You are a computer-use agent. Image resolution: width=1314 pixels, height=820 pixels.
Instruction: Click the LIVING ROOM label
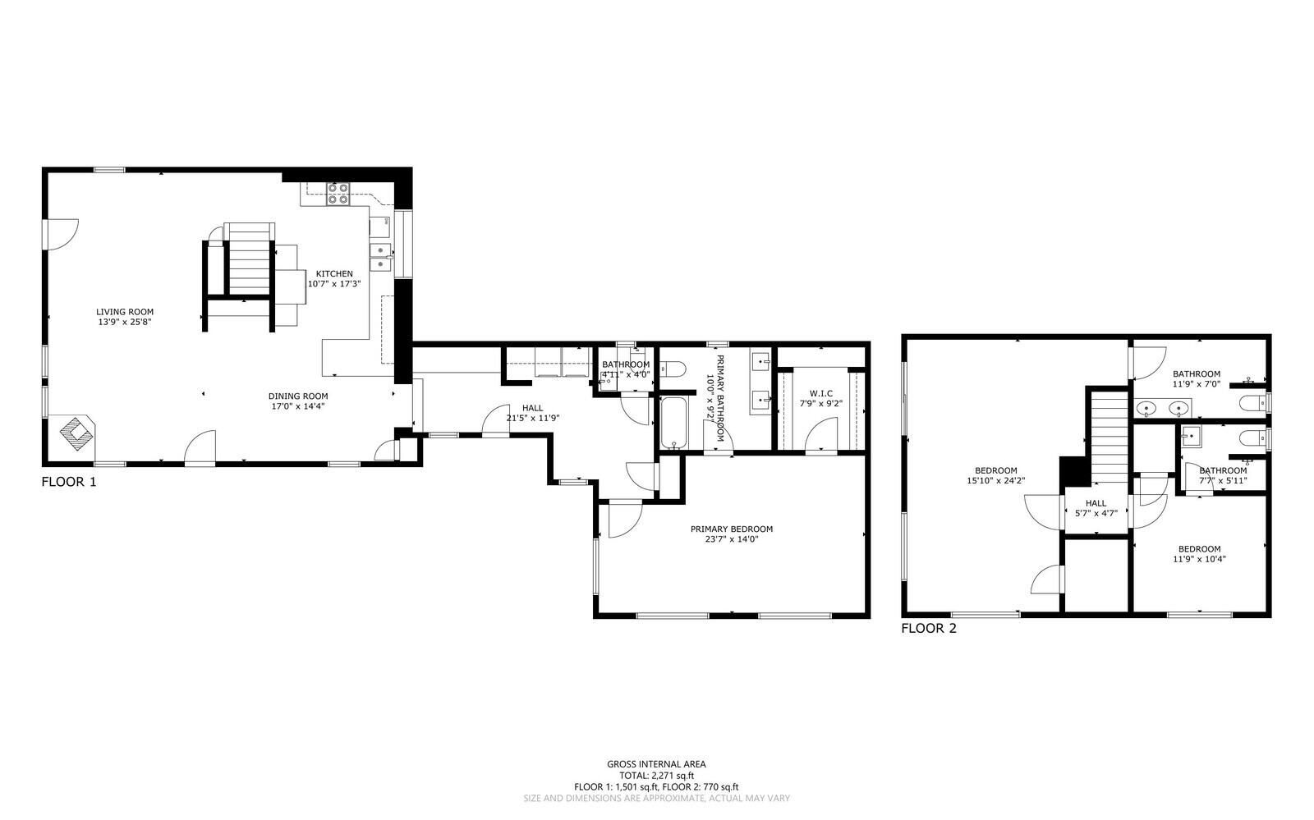pyautogui.click(x=125, y=312)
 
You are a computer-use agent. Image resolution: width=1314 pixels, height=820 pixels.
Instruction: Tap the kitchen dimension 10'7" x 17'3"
pyautogui.click(x=334, y=284)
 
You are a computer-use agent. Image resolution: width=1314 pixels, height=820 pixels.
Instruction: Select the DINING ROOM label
pyautogui.click(x=299, y=396)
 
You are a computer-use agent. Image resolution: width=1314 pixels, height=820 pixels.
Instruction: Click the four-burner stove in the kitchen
pyautogui.click(x=338, y=193)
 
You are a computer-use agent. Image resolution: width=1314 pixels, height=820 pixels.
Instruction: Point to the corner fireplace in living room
pyautogui.click(x=76, y=433)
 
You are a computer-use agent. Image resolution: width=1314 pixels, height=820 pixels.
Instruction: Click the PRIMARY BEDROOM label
pyautogui.click(x=731, y=529)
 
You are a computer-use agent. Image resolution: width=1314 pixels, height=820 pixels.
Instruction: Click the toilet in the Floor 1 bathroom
pyautogui.click(x=672, y=370)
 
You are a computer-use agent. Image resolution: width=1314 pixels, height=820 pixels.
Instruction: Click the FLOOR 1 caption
pyautogui.click(x=69, y=483)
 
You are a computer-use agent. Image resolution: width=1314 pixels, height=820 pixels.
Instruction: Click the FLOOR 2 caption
pyautogui.click(x=929, y=630)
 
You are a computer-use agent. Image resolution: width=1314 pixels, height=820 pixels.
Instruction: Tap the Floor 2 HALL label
pyautogui.click(x=1096, y=504)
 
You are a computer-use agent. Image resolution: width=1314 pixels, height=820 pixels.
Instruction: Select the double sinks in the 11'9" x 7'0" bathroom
pyautogui.click(x=1164, y=408)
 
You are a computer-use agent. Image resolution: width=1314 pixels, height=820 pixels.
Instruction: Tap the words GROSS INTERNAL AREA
pyautogui.click(x=656, y=764)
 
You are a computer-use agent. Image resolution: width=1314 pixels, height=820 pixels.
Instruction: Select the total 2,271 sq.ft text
pyautogui.click(x=656, y=776)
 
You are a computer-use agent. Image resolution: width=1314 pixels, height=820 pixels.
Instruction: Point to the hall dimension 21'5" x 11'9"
pyautogui.click(x=532, y=419)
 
